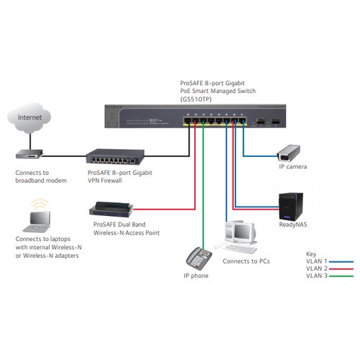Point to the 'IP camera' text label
click(x=293, y=167)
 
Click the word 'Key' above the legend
click(x=311, y=253)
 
